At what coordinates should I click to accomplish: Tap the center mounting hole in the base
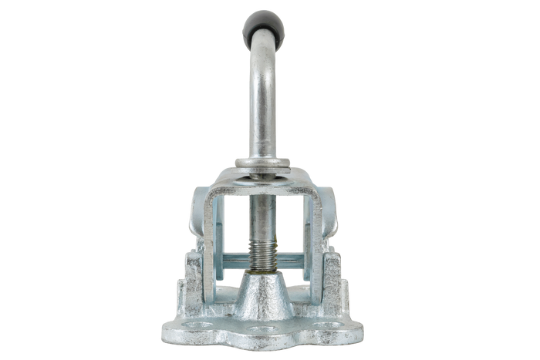262,332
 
